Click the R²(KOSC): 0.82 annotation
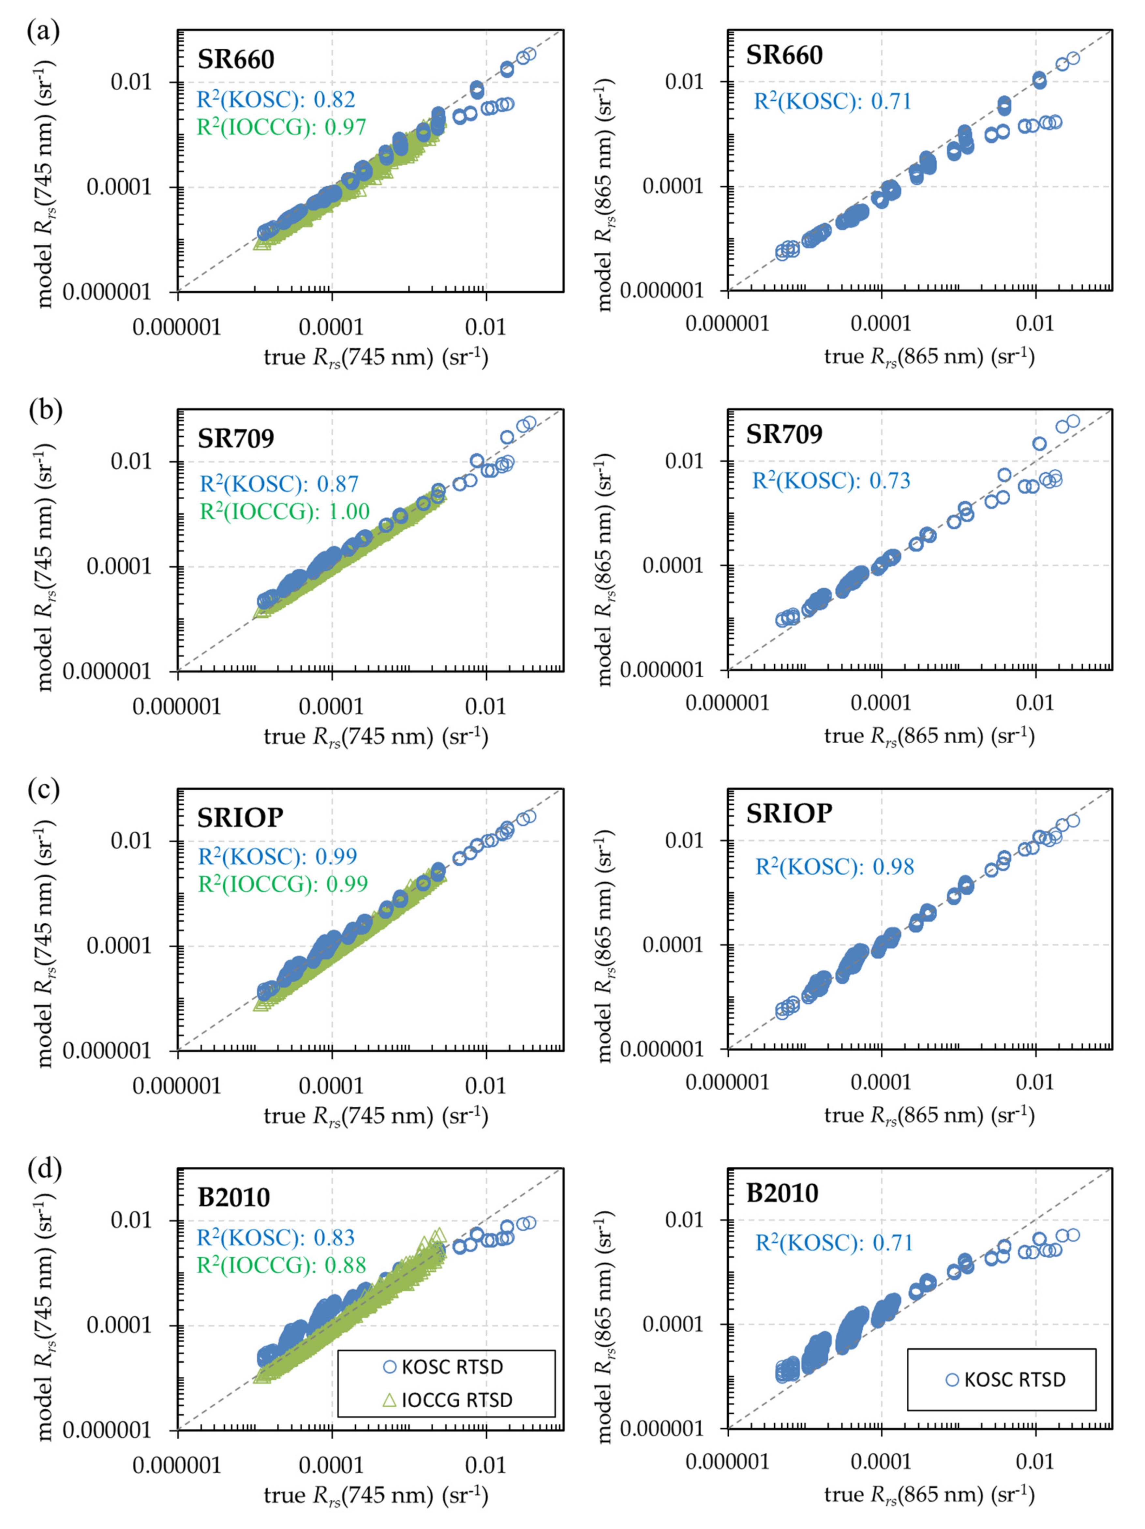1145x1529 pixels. point(276,99)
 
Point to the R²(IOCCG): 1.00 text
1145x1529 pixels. point(285,511)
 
